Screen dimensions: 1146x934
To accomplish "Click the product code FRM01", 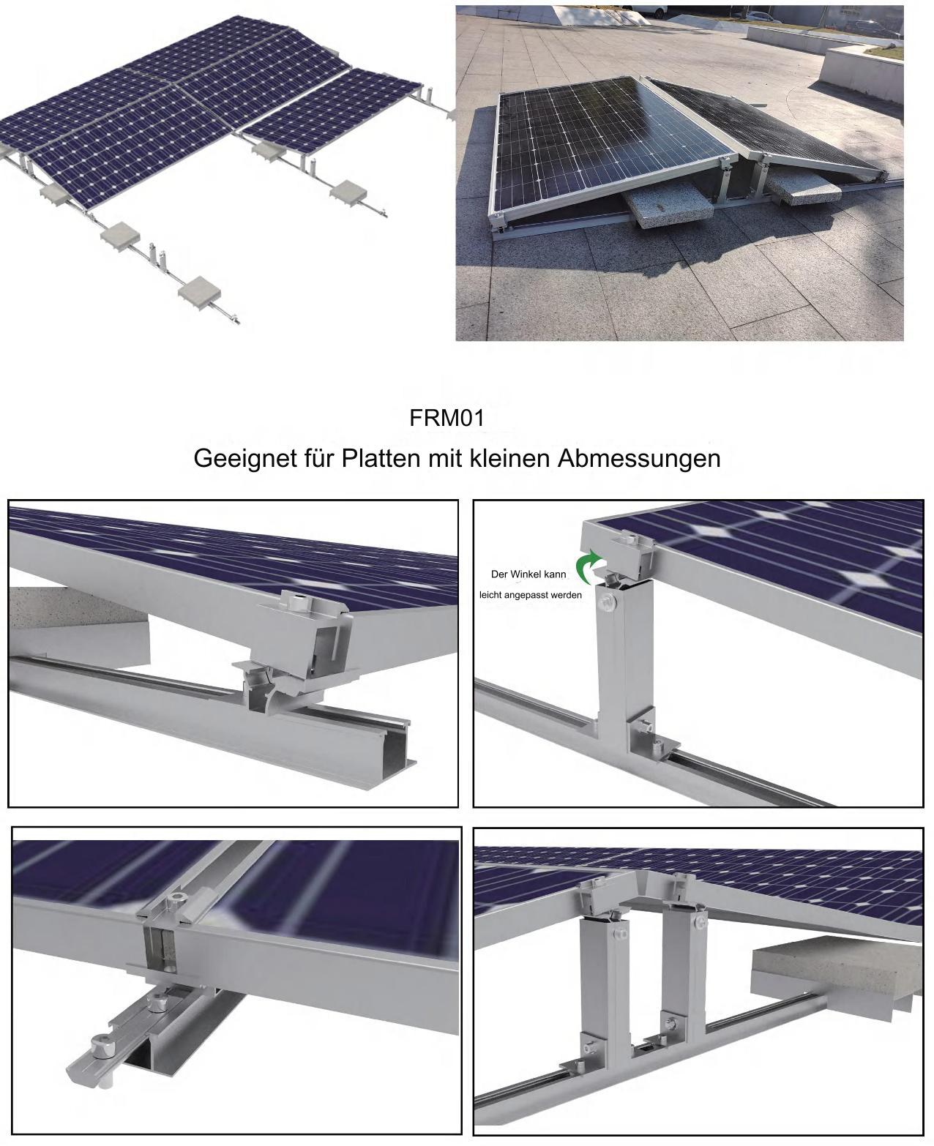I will pos(447,419).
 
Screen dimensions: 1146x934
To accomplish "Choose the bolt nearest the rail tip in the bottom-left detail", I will pos(100,1042).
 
